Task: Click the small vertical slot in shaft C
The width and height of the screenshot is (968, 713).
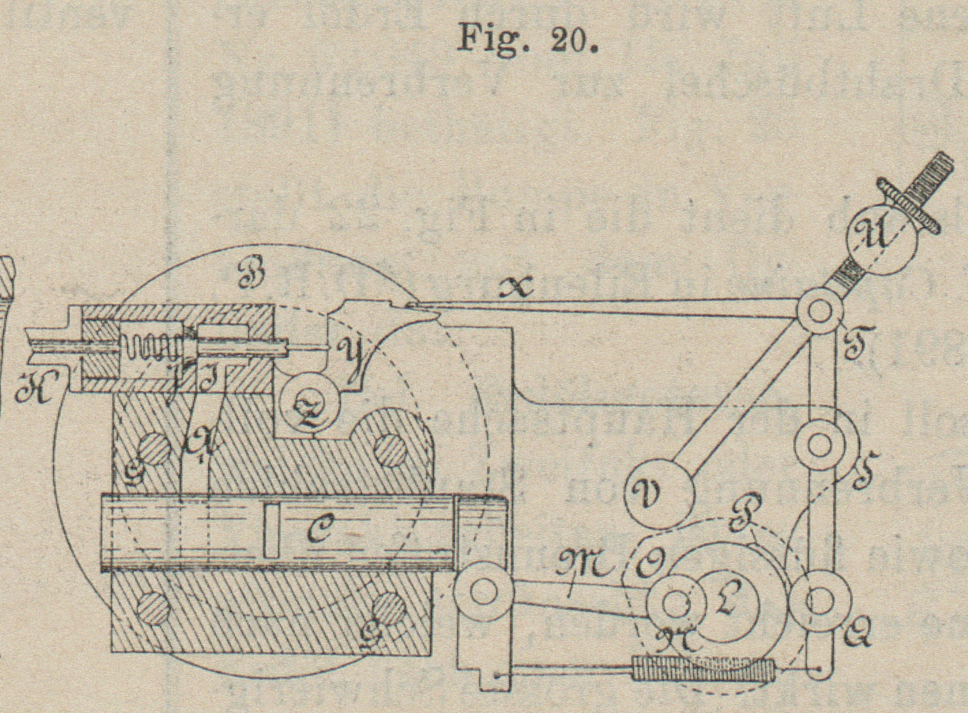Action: point(271,530)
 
